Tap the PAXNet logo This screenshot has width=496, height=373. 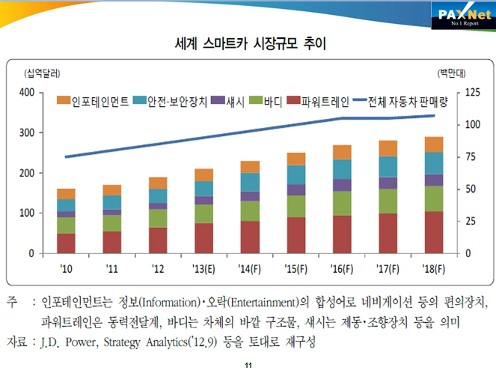[462, 13]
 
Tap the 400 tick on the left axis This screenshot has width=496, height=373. [26, 93]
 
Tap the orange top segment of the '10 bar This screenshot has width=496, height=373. [66, 194]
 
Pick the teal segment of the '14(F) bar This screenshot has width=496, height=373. [250, 182]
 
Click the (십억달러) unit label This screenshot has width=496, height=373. [43, 73]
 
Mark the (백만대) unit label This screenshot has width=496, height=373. [451, 73]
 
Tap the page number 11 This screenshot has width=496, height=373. [248, 366]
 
